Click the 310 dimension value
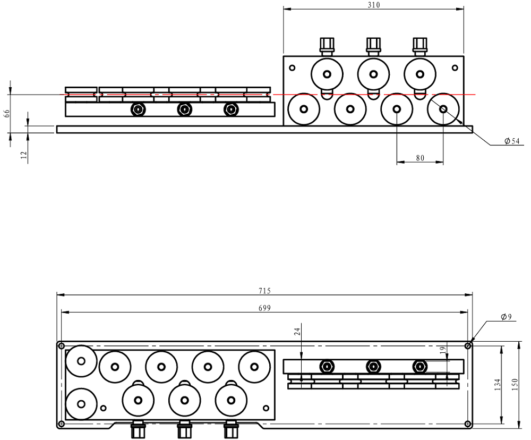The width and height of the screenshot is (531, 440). (373, 5)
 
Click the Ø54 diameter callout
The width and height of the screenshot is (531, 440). (512, 141)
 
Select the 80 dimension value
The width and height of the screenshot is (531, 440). (420, 158)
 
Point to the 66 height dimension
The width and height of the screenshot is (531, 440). (7, 113)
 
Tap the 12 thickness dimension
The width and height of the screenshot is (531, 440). (23, 154)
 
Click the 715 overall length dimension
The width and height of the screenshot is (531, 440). (264, 291)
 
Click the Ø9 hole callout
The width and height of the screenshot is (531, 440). (506, 317)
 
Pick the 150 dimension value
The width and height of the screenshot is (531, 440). (515, 385)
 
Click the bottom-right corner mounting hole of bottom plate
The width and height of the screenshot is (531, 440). (467, 424)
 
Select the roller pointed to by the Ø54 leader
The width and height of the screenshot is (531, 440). (443, 109)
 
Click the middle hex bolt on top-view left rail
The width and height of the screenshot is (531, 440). (184, 109)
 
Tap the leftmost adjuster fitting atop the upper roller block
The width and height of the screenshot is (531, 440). (327, 46)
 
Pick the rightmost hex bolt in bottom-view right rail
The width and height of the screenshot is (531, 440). (419, 366)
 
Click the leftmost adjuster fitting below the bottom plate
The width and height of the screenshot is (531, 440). (138, 428)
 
